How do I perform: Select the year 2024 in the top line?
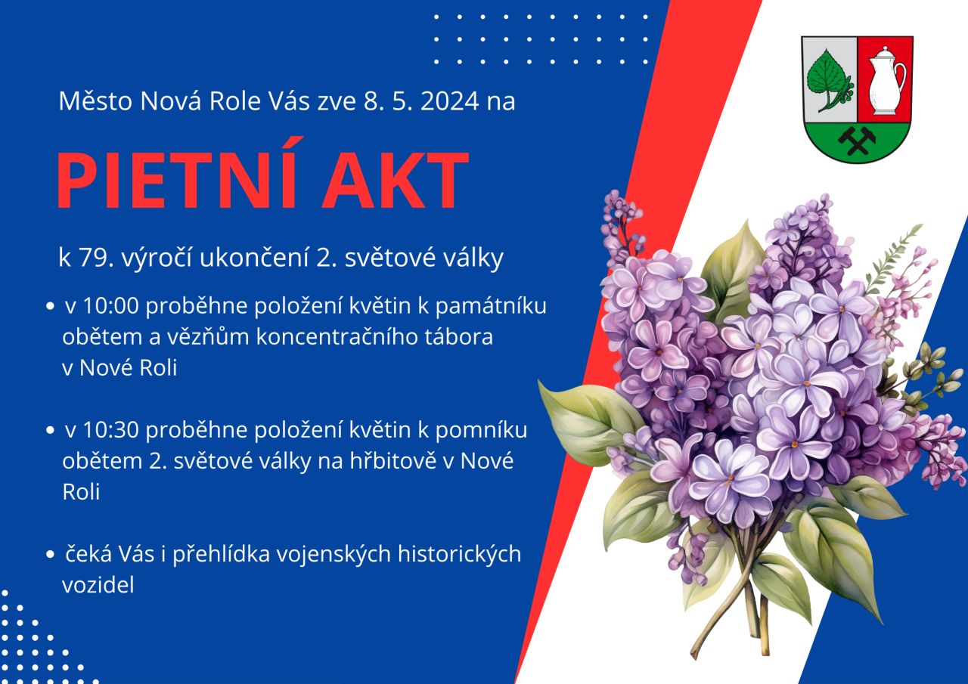pyautogui.click(x=450, y=101)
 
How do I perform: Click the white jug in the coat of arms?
pyautogui.click(x=885, y=81)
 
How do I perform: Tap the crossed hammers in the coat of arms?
pyautogui.click(x=857, y=141)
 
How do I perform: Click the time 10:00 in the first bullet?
pyautogui.click(x=110, y=306)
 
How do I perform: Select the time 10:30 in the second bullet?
pyautogui.click(x=110, y=430)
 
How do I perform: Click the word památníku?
pyautogui.click(x=491, y=307)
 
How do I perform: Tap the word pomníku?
pyautogui.click(x=481, y=431)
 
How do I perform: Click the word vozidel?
pyautogui.click(x=98, y=585)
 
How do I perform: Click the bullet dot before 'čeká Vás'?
pyautogui.click(x=50, y=554)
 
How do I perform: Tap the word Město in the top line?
pyautogui.click(x=95, y=101)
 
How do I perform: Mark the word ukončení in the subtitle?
pyautogui.click(x=254, y=258)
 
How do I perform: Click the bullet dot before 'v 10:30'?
pyautogui.click(x=50, y=430)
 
